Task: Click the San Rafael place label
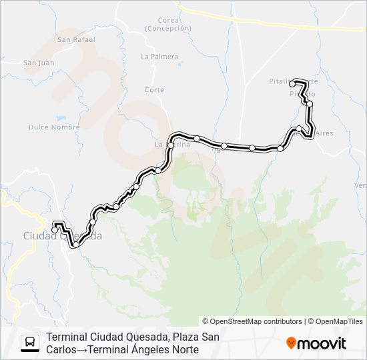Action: coord(76,39)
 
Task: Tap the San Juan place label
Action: coord(38,63)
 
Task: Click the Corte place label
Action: coord(154,90)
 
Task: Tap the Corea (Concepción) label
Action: coord(167,25)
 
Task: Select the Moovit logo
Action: coord(316,343)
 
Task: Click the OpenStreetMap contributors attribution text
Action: coord(252,321)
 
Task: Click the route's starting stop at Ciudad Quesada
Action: coord(55,231)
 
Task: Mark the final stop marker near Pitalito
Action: coord(292,83)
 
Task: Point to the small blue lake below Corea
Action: coord(180,64)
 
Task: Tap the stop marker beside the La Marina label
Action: coord(171,145)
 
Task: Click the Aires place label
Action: coord(324,133)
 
